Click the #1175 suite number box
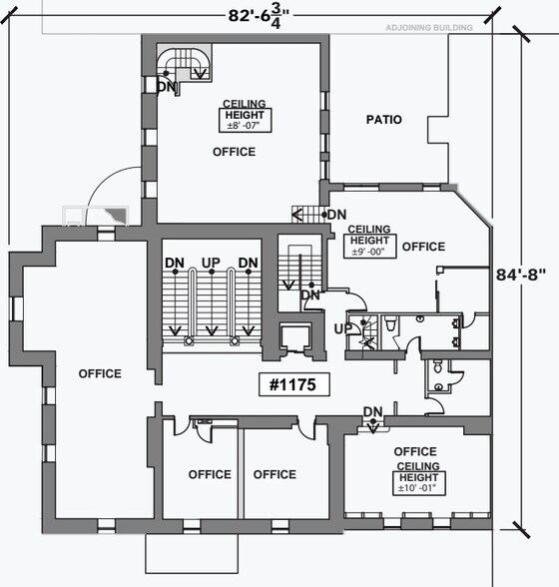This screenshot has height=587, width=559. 294,384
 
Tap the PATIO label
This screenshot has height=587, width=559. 383,120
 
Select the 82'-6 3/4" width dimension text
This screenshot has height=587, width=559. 259,16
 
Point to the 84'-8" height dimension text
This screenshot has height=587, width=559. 521,275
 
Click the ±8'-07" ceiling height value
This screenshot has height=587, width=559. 245,126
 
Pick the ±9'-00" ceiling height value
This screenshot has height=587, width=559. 369,252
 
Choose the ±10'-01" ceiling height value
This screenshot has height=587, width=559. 418,488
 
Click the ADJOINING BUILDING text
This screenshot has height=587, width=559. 429,28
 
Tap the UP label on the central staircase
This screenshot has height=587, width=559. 211,263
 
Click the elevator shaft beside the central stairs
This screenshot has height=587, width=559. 295,337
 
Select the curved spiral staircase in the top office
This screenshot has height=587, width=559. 184,63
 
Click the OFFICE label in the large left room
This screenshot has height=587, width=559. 100,373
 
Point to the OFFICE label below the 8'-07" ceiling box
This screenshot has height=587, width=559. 234,152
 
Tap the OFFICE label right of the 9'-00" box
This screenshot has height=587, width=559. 423,247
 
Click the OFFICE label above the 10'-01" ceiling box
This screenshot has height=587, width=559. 415,451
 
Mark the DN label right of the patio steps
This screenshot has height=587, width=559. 336,215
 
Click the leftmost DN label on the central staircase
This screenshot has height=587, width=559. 175,263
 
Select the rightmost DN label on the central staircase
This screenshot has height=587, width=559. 249,263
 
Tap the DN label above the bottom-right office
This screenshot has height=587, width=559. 373,412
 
